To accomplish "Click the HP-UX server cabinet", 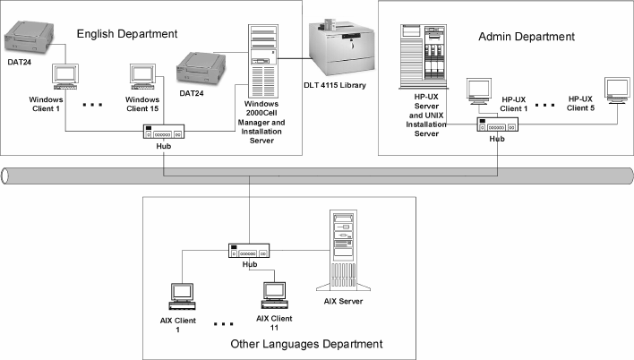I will click(x=424, y=62).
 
